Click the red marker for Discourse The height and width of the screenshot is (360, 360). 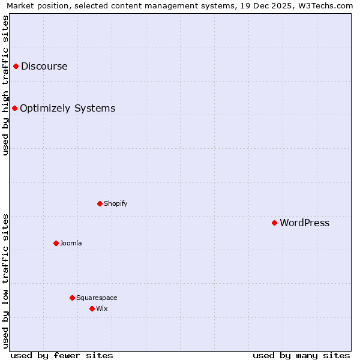click(x=16, y=66)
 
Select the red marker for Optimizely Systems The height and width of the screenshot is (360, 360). click(x=14, y=108)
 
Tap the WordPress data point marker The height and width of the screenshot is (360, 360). click(x=274, y=223)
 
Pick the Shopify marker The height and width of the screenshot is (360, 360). click(x=100, y=203)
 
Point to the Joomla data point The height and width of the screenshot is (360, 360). click(x=56, y=243)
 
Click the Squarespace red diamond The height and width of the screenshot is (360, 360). click(x=72, y=298)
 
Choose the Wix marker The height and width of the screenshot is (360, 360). click(x=92, y=308)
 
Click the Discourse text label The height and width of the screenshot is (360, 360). click(x=44, y=66)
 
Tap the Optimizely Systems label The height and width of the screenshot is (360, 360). click(x=67, y=108)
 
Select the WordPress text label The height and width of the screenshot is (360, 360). click(x=304, y=223)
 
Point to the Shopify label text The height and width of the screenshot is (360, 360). click(x=116, y=203)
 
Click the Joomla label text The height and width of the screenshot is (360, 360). click(x=71, y=243)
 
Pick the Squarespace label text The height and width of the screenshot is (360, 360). click(x=97, y=298)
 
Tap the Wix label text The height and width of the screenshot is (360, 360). click(x=101, y=308)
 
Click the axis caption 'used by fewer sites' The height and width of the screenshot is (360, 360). click(x=62, y=355)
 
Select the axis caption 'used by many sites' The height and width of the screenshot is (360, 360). click(x=301, y=355)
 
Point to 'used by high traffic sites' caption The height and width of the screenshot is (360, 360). click(x=5, y=85)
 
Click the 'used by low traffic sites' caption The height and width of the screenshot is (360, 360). click(x=5, y=281)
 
